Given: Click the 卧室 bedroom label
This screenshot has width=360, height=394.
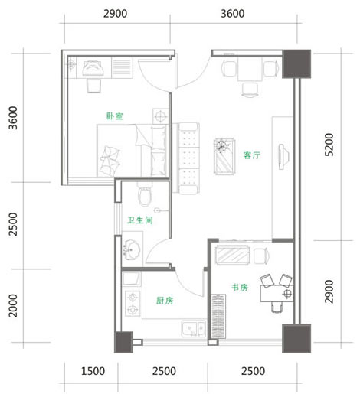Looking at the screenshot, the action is click(x=115, y=116).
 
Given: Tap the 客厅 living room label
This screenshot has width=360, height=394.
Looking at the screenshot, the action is click(x=252, y=155).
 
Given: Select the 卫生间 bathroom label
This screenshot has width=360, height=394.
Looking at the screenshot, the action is click(x=140, y=220).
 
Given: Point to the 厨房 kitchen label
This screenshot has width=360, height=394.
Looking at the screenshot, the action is click(x=165, y=301).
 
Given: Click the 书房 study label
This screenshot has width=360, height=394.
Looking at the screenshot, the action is click(x=240, y=288).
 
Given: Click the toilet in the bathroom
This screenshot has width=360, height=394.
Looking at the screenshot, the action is click(x=145, y=194).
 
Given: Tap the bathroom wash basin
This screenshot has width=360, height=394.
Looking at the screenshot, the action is click(x=132, y=249).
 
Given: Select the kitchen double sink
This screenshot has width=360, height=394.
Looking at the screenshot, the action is click(x=194, y=329).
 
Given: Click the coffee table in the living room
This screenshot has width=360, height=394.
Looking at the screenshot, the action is click(x=224, y=156).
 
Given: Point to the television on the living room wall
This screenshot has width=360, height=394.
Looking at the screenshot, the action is click(x=283, y=157).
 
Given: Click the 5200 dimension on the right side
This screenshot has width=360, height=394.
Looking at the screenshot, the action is click(x=329, y=145).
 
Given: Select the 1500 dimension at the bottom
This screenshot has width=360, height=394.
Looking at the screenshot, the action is click(x=93, y=371).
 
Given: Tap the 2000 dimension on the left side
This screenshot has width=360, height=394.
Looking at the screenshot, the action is click(x=13, y=305).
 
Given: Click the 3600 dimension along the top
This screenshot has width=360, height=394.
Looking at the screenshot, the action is click(x=233, y=14).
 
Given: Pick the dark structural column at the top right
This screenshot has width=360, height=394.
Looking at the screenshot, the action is click(x=296, y=63).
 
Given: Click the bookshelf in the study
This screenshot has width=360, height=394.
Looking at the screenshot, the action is click(x=218, y=316).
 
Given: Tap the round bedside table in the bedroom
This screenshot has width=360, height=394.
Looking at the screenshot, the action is click(x=160, y=116).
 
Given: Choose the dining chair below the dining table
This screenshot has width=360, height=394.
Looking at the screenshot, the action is click(x=250, y=90).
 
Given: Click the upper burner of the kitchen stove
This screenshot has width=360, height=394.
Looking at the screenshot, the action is click(x=133, y=298).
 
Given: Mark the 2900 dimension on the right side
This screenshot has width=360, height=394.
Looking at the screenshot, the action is click(x=329, y=291).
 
